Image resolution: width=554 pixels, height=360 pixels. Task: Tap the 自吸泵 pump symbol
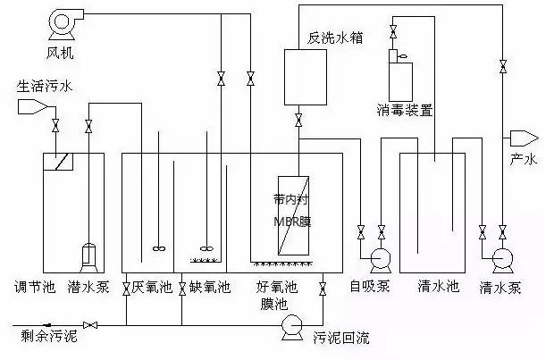(379, 259)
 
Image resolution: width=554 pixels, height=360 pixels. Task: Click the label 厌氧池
(150, 288)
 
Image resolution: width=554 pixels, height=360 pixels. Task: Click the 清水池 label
(438, 288)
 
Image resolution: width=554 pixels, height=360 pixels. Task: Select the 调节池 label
(33, 288)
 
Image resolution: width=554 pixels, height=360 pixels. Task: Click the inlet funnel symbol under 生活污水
(34, 106)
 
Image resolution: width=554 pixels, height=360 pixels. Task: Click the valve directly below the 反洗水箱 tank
(298, 121)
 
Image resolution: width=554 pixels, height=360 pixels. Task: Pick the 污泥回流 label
(340, 338)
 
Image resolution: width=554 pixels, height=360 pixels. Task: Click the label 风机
(62, 54)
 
